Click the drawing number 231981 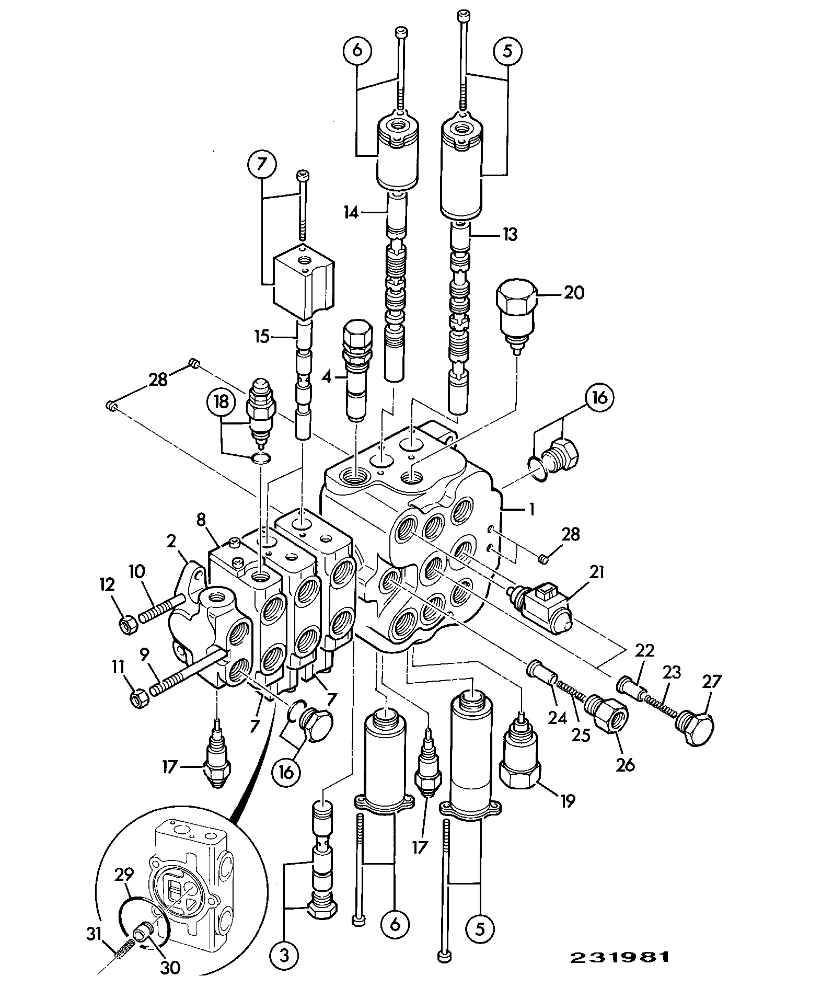tap(619, 957)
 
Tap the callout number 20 tap(573, 293)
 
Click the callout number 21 tap(596, 573)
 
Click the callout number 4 tap(327, 376)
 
